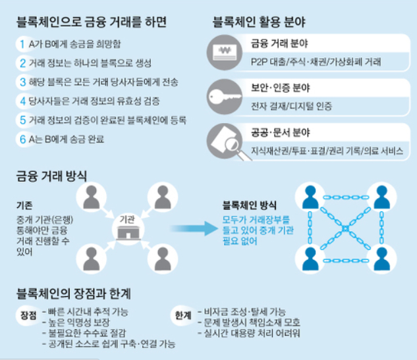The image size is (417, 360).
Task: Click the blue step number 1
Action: [22, 44]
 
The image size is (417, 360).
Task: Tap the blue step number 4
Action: [23, 101]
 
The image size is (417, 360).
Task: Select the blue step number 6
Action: [23, 140]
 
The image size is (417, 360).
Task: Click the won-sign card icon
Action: [225, 53]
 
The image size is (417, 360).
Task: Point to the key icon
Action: [225, 97]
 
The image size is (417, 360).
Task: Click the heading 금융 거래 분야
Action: [279, 43]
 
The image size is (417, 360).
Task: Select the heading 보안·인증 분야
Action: [280, 88]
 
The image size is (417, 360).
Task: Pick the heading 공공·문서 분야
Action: [280, 132]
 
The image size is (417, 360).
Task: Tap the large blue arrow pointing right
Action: [194, 228]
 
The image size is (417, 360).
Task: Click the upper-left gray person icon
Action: [91, 197]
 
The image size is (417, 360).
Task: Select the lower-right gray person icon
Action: [163, 259]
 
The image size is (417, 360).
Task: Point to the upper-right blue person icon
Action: [381, 197]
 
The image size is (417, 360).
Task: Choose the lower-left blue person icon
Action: [310, 259]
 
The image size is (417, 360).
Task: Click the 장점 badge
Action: [28, 316]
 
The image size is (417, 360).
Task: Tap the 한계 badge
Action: [183, 316]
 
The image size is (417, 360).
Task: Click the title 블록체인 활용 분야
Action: [259, 22]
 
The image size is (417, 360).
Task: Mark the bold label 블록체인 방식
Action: [249, 205]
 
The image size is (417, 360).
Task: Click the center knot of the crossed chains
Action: [345, 228]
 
